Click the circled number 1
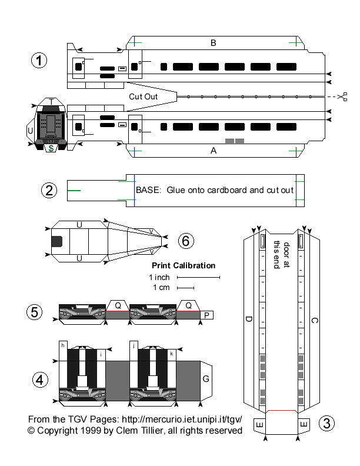click(x=39, y=61)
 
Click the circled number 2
click(x=49, y=190)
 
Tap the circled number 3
click(x=327, y=422)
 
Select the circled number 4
click(x=39, y=380)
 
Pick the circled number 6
click(x=185, y=240)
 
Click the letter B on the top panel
click(x=214, y=42)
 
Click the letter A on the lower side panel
click(x=214, y=151)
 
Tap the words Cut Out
click(x=143, y=96)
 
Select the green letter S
click(x=52, y=149)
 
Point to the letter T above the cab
click(x=52, y=102)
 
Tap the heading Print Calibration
click(x=184, y=265)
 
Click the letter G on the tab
click(x=206, y=379)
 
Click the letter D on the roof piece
click(x=249, y=320)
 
